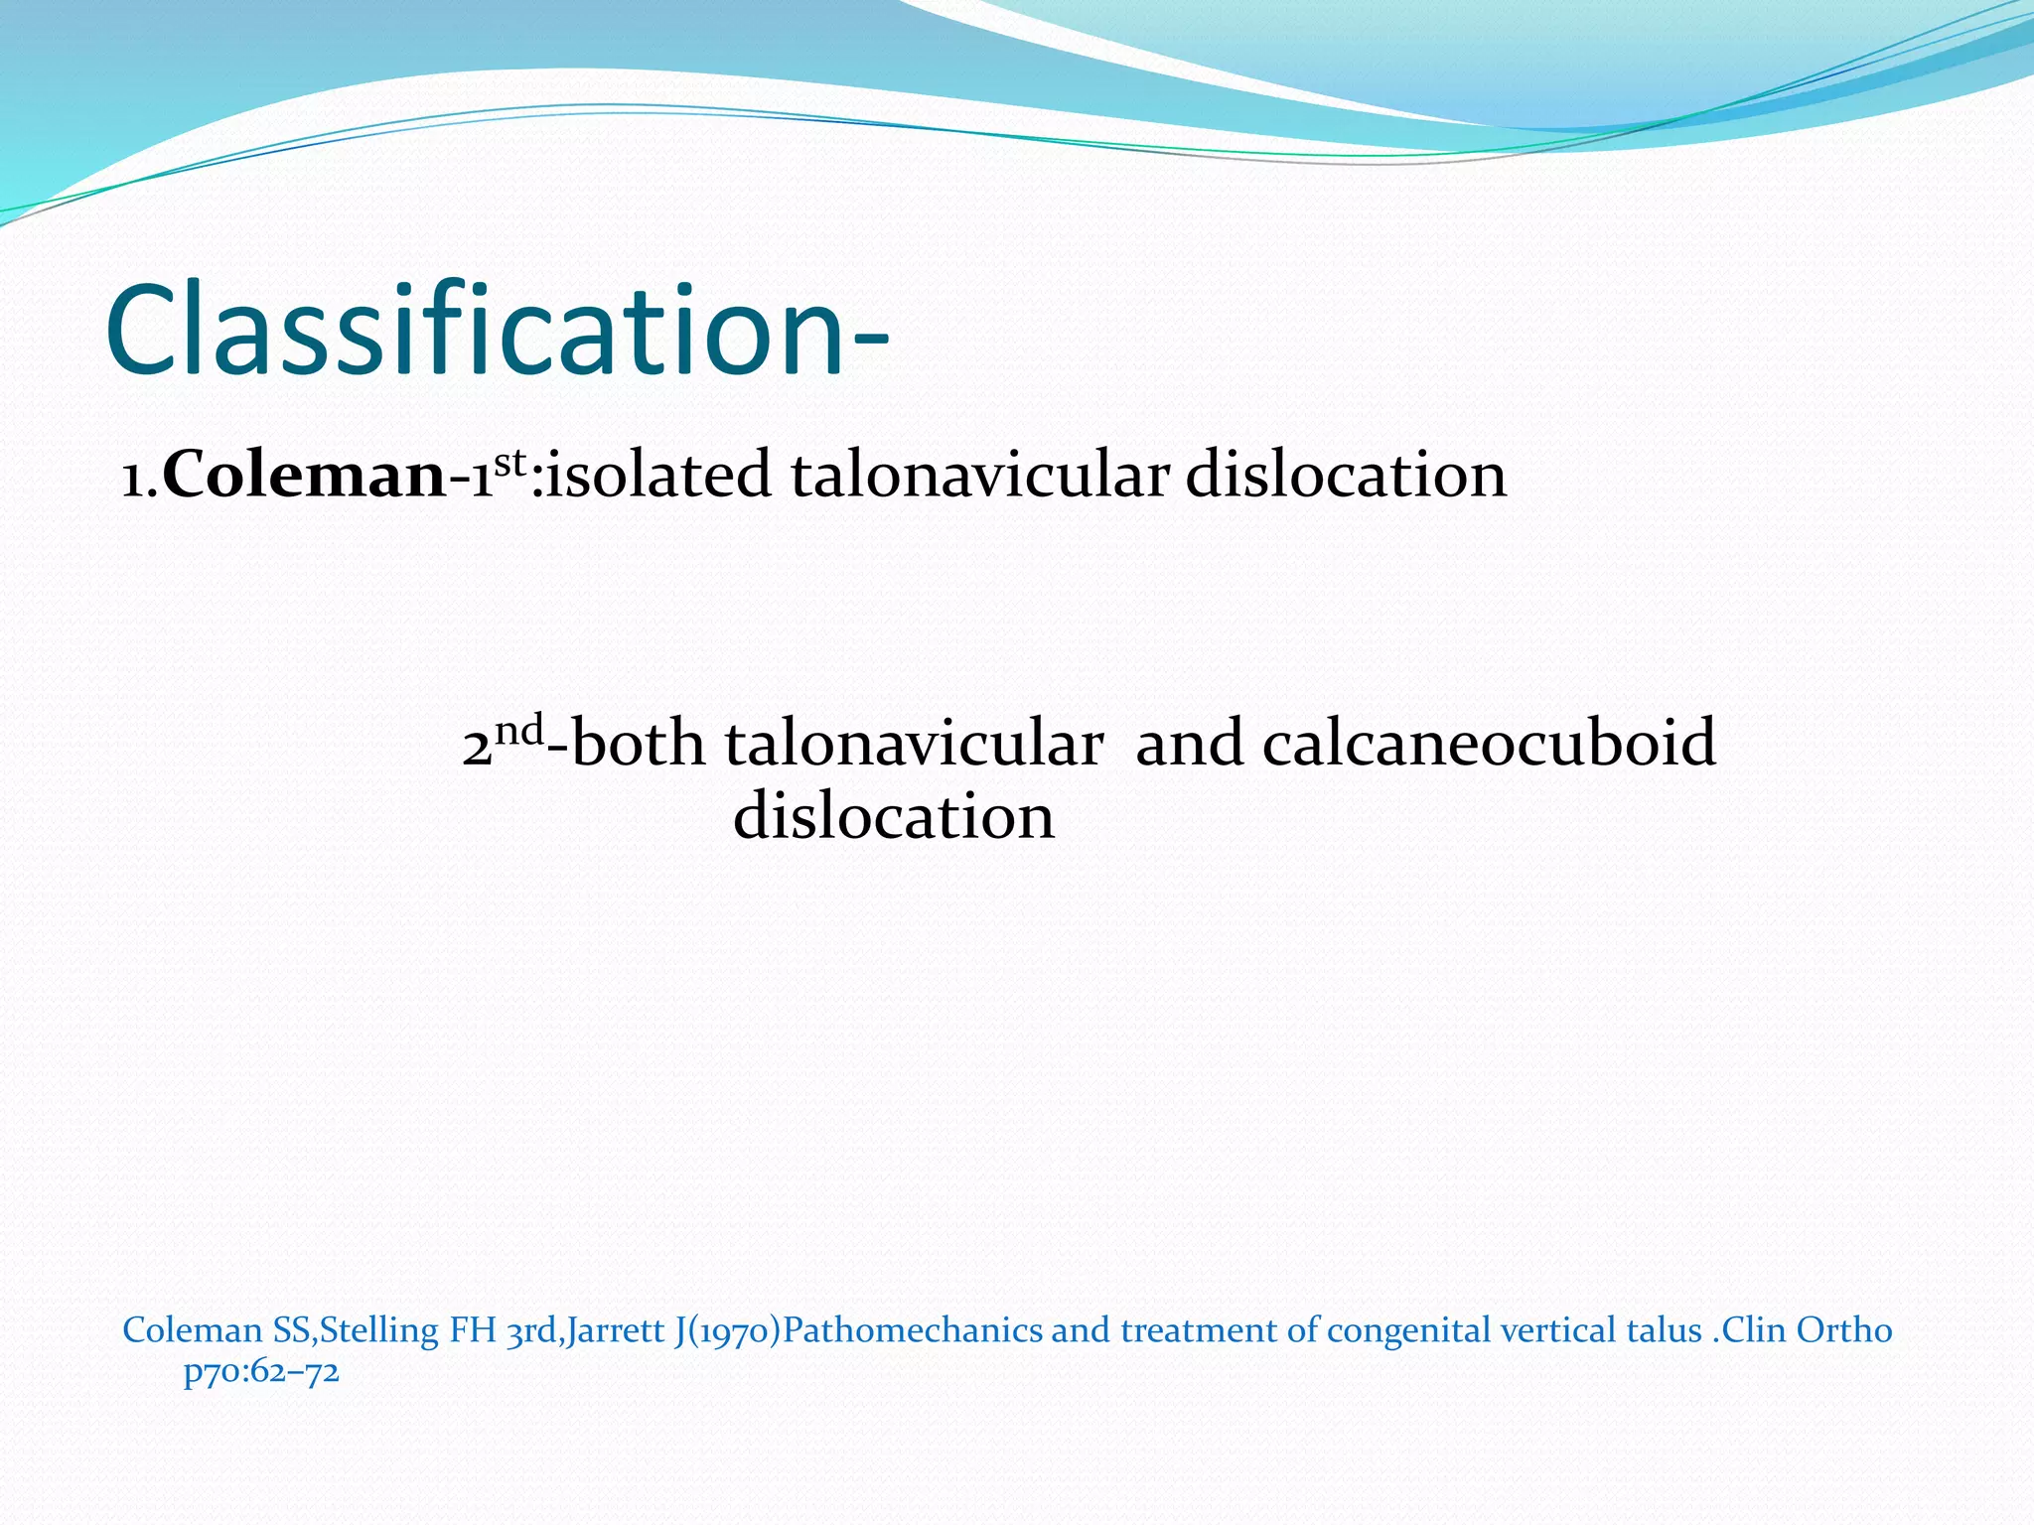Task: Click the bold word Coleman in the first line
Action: click(x=304, y=475)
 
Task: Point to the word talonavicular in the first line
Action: click(x=979, y=475)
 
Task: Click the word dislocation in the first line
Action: click(x=1346, y=475)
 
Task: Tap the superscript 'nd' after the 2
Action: click(x=519, y=731)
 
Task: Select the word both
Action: click(x=638, y=744)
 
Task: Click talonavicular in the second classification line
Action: click(x=914, y=744)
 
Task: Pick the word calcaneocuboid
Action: click(x=1489, y=744)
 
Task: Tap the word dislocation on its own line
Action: click(x=894, y=816)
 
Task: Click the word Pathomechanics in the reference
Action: click(x=913, y=1329)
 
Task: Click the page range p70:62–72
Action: click(x=261, y=1372)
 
